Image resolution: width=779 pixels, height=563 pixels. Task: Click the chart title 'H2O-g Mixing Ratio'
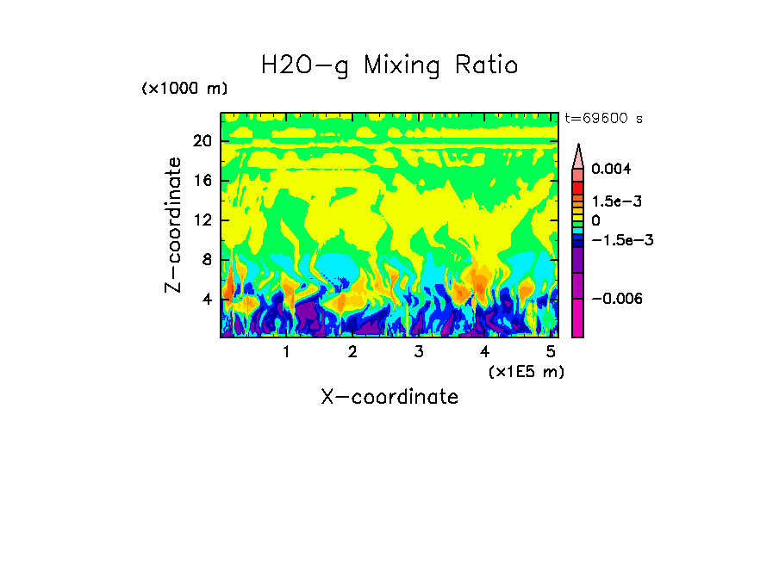389,65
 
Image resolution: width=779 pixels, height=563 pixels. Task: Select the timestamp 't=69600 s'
603,118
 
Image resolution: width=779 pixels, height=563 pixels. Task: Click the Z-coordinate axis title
174,225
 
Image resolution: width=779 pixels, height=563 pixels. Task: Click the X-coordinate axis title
389,396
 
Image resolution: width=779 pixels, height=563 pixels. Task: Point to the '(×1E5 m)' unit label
526,371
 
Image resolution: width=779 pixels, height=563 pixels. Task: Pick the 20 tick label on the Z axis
202,141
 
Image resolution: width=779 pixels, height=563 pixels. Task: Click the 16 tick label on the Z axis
202,181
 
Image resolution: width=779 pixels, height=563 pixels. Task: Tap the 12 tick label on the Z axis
202,220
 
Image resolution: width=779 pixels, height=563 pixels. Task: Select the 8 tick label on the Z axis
207,260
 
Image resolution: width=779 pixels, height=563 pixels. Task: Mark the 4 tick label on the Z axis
207,300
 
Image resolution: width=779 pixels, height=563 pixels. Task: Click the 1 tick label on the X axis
286,352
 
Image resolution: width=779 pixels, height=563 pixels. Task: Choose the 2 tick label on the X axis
352,352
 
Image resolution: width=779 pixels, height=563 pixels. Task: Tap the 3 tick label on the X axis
418,352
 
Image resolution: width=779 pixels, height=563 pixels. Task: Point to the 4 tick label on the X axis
484,352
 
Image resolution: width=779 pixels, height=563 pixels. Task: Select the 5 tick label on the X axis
551,352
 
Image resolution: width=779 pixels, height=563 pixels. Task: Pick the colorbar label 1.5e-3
616,201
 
